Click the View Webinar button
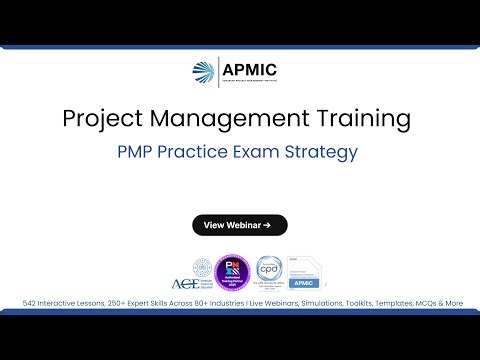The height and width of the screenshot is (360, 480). click(240, 225)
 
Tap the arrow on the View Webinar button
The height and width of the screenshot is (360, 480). click(268, 225)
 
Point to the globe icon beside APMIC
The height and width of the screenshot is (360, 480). click(202, 73)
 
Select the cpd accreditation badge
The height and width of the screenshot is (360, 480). click(267, 271)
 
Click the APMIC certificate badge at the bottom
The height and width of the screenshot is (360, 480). click(305, 272)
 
